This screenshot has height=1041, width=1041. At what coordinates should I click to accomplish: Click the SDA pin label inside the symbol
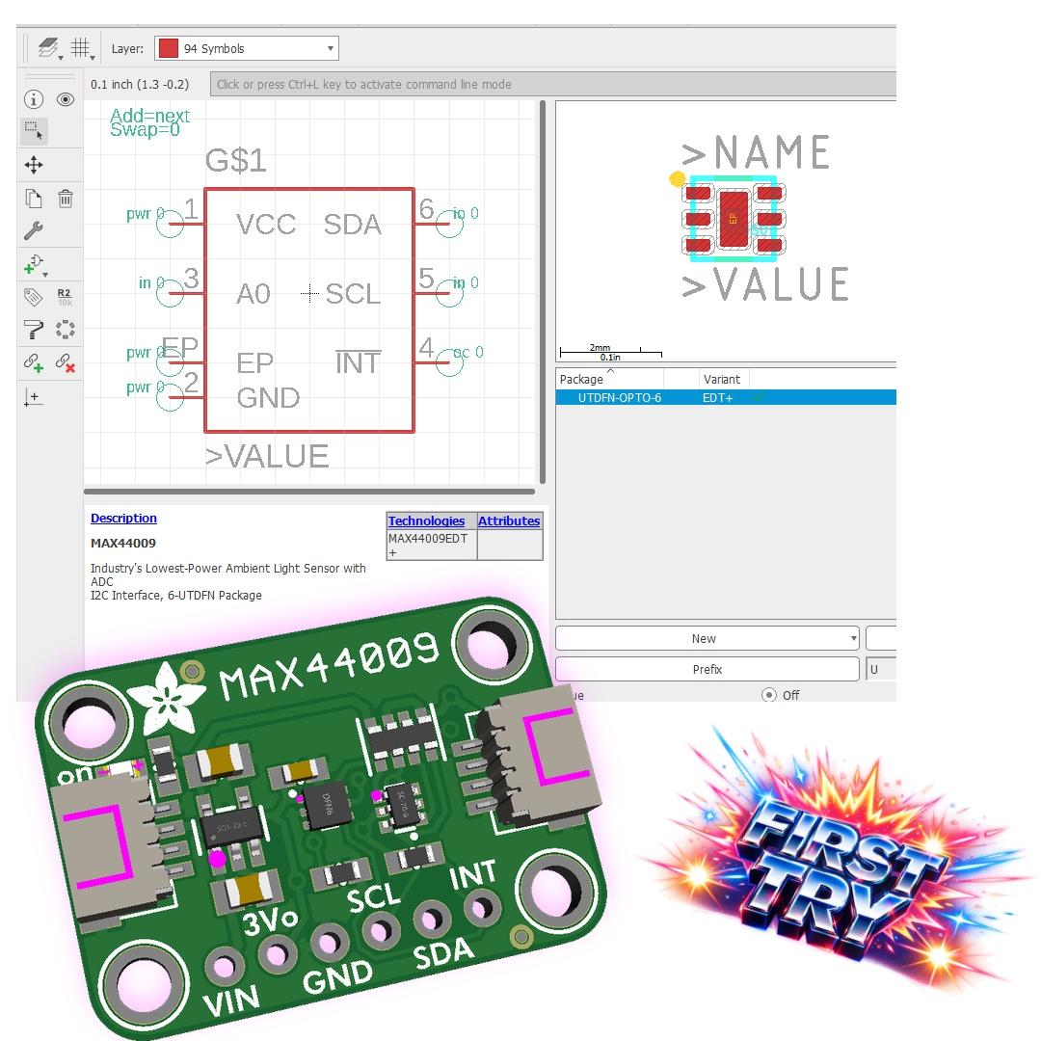pyautogui.click(x=352, y=225)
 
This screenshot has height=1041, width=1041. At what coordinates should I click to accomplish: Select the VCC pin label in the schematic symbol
pyautogui.click(x=266, y=225)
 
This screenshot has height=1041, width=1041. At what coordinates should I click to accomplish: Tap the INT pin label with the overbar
pyautogui.click(x=358, y=363)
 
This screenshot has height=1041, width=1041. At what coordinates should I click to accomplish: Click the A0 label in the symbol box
pyautogui.click(x=254, y=294)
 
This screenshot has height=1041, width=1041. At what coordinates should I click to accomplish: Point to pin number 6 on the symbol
pyautogui.click(x=426, y=208)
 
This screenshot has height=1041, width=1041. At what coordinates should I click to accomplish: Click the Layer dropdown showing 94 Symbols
pyautogui.click(x=247, y=48)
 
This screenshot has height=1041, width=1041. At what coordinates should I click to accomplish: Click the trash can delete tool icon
pyautogui.click(x=66, y=200)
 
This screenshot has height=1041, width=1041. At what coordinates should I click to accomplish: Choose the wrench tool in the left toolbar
pyautogui.click(x=33, y=230)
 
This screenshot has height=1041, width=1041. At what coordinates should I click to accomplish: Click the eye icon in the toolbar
pyautogui.click(x=66, y=99)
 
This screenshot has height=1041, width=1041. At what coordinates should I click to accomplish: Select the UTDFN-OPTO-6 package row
pyautogui.click(x=619, y=397)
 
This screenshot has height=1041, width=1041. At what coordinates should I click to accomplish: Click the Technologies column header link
pyautogui.click(x=426, y=520)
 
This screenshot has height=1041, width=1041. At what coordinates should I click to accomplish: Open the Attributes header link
pyautogui.click(x=509, y=520)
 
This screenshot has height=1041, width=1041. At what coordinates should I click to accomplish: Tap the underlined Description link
pyautogui.click(x=123, y=519)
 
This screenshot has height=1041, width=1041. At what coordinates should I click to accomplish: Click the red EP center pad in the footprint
pyautogui.click(x=733, y=219)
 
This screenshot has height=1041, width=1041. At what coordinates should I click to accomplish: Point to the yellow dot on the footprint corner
pyautogui.click(x=678, y=179)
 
